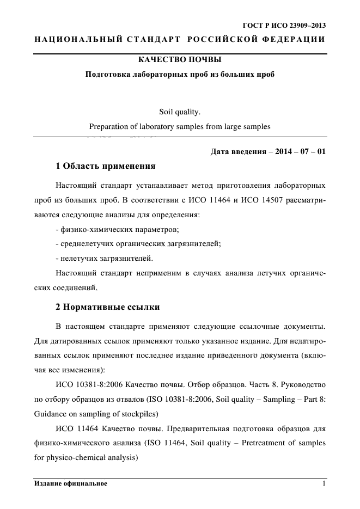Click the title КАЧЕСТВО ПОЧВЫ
pos(180,59)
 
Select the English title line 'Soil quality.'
pos(180,113)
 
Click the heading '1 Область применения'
pos(106,165)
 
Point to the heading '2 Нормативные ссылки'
pos(108,307)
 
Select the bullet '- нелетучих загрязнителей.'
pos(104,257)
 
